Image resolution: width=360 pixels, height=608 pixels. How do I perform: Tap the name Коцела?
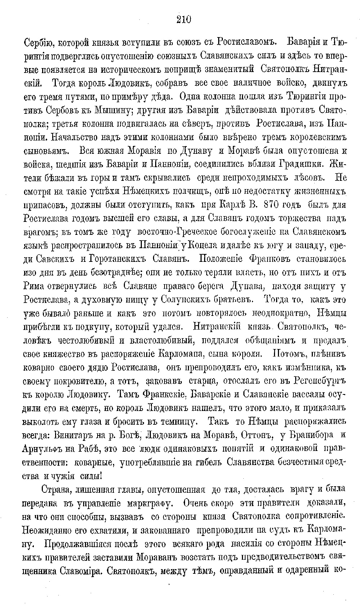pos(207,246)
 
